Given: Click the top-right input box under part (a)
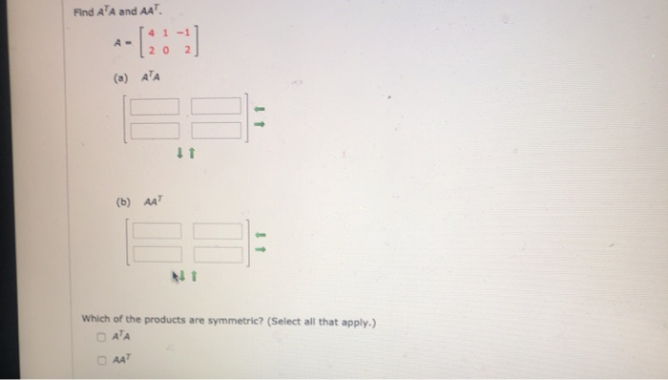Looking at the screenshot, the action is tap(216, 106).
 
